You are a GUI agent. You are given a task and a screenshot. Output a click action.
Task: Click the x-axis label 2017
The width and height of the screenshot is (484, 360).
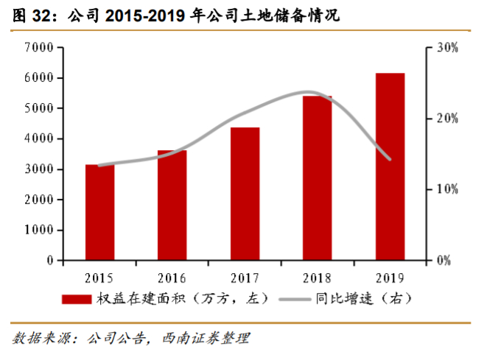point(245,278)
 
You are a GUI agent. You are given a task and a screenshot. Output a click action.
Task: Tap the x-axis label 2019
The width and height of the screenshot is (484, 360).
point(390,278)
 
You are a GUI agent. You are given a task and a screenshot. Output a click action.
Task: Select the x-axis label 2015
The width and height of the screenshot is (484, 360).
point(99,278)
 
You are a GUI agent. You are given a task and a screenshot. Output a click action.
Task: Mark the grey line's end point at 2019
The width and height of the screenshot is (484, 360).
point(390,159)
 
